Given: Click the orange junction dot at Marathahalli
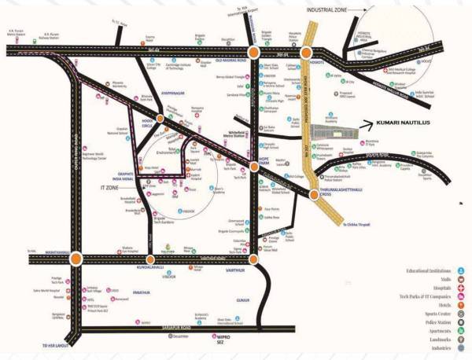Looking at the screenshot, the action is [76, 257].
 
